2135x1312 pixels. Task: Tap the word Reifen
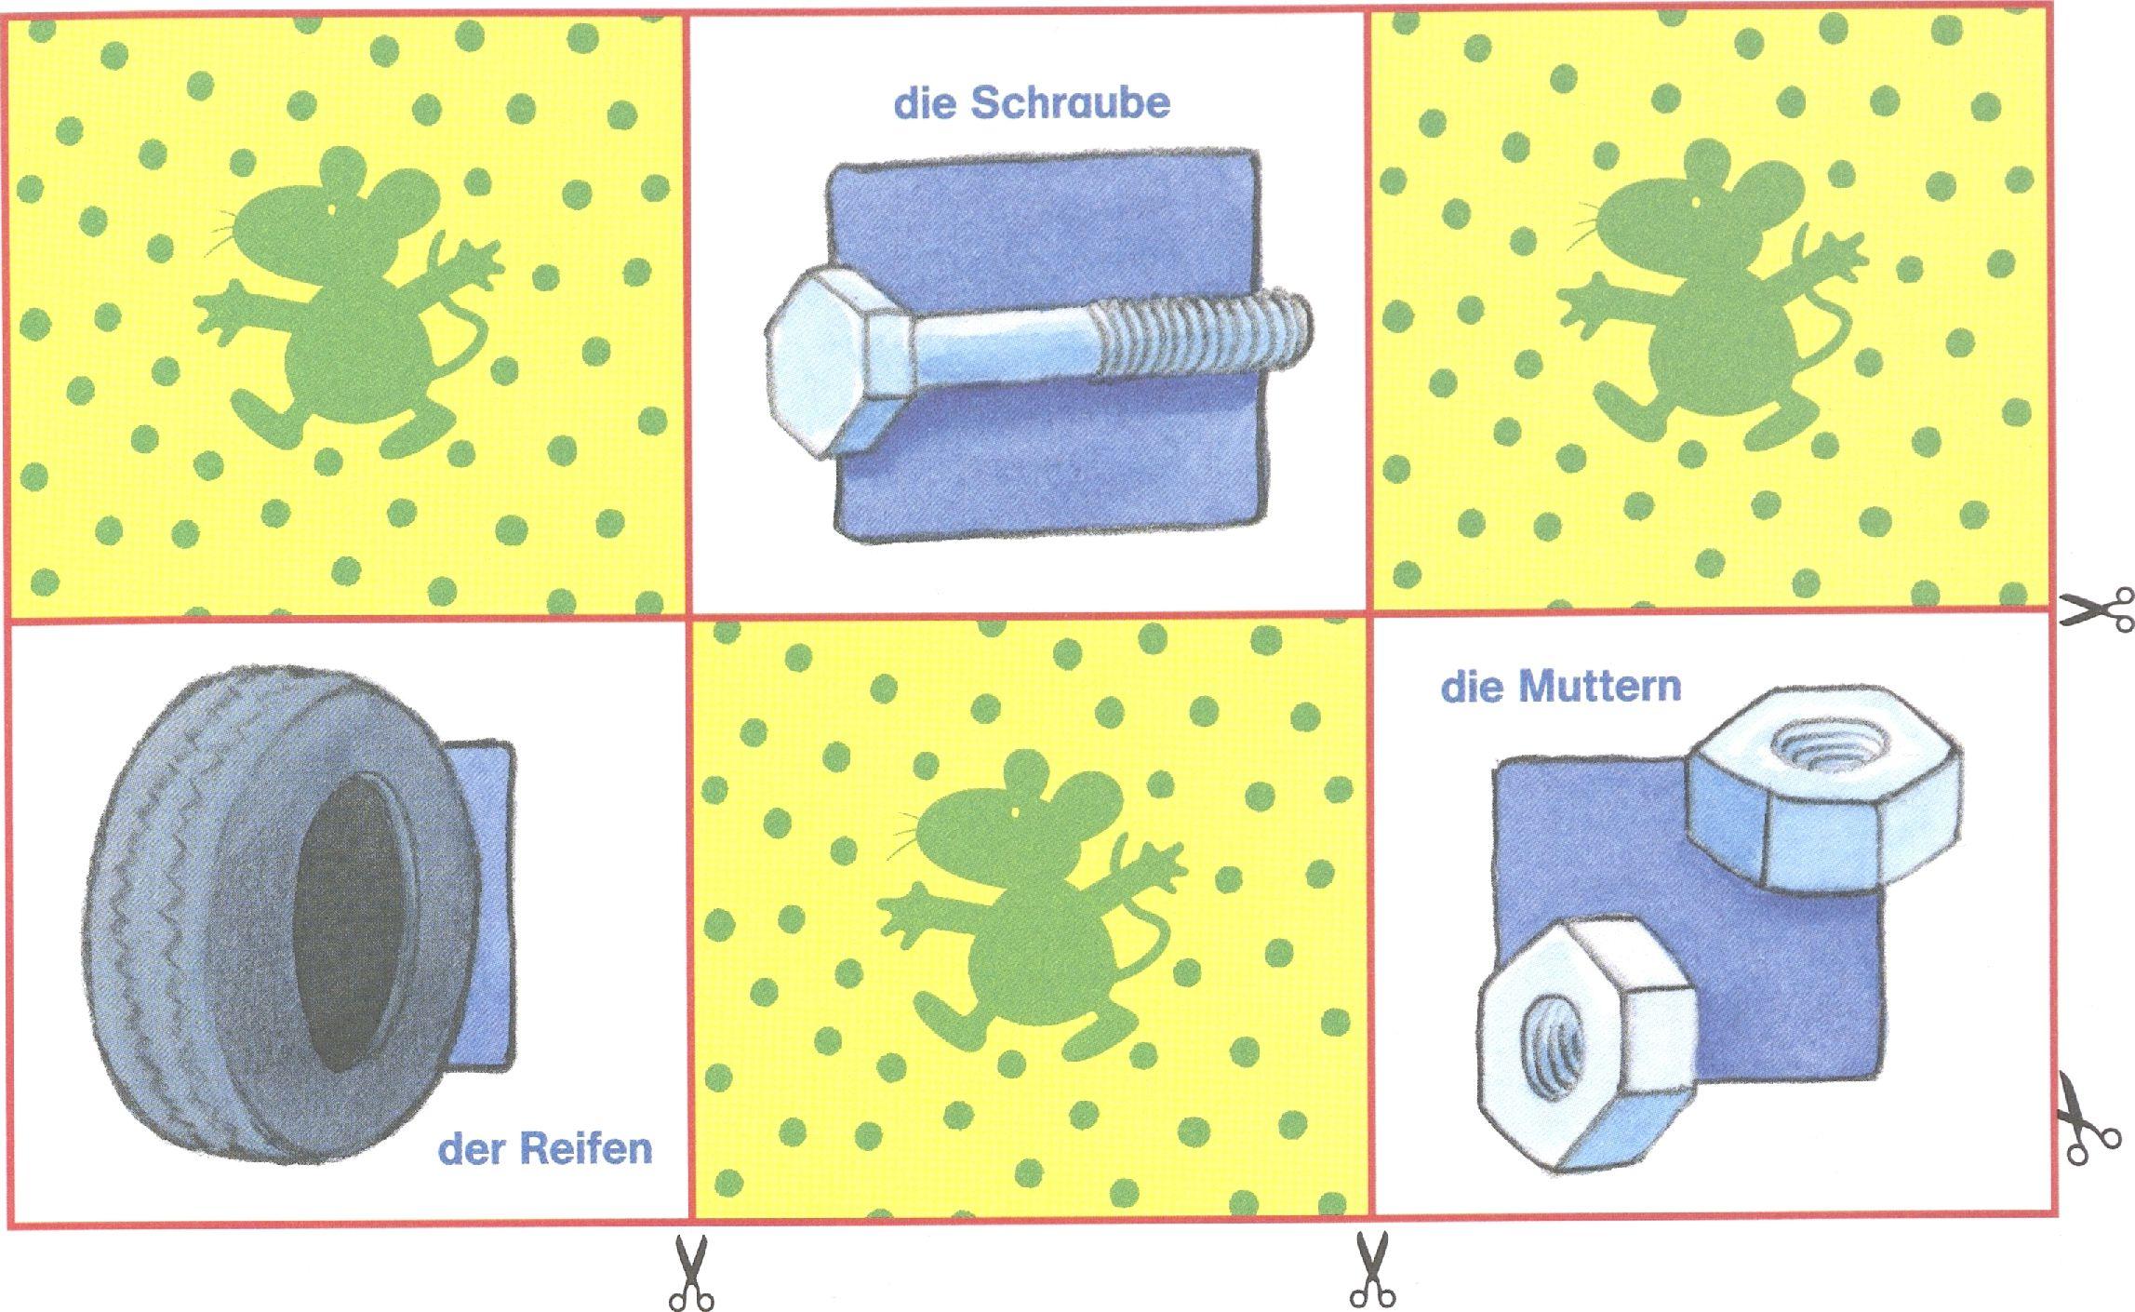point(585,1148)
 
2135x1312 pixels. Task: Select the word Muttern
point(1599,687)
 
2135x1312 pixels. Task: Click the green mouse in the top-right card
point(1712,298)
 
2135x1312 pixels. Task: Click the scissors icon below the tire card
point(690,1272)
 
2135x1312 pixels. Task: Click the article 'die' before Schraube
point(925,103)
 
